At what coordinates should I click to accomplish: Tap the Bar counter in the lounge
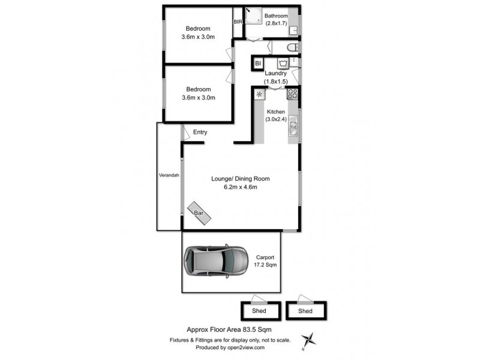point(199,213)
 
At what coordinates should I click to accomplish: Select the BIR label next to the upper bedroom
point(238,22)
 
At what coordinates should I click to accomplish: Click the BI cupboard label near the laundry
point(258,63)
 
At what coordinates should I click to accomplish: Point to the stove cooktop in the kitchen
point(293,94)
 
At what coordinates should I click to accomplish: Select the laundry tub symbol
point(282,63)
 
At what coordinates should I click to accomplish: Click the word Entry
point(200,132)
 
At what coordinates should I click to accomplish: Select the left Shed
point(260,311)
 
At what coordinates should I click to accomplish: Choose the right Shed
point(305,311)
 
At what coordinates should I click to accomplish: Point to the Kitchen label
point(275,112)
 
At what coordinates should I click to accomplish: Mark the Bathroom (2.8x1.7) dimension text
point(276,23)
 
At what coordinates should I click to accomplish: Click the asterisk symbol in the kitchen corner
point(259,94)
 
